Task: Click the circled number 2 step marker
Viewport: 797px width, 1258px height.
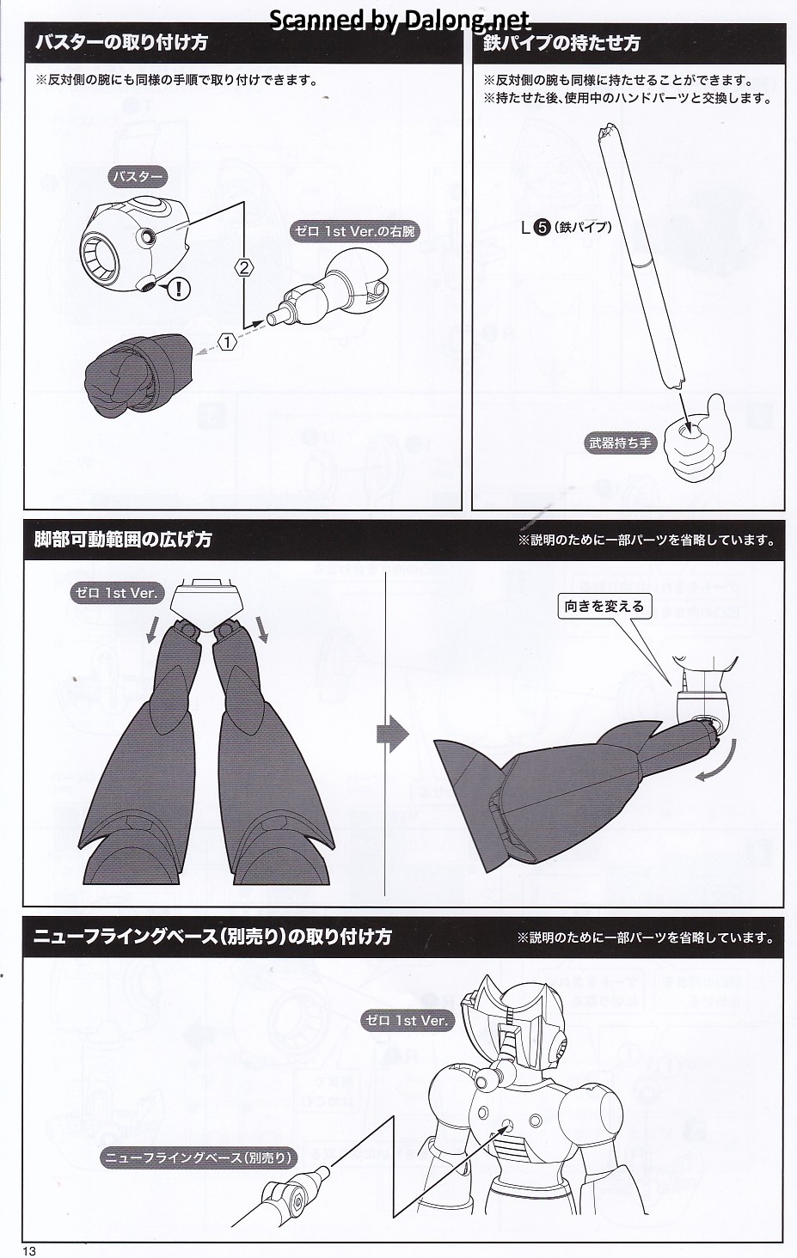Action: [x=244, y=268]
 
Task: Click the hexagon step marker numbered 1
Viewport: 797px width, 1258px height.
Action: [x=228, y=342]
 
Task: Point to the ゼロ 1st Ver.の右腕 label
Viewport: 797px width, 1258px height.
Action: [x=356, y=232]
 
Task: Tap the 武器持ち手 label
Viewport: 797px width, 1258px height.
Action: [x=620, y=443]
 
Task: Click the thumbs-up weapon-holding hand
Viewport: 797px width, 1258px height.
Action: [x=695, y=437]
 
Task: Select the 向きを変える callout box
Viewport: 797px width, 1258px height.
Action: [x=604, y=607]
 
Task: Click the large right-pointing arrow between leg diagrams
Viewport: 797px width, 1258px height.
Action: [x=393, y=734]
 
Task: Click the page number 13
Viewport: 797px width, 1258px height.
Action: [x=29, y=1251]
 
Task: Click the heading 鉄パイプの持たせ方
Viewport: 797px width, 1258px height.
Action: [x=562, y=43]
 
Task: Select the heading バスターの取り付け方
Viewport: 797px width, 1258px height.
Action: [x=121, y=43]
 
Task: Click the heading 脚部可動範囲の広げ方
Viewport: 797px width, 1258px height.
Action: [x=123, y=540]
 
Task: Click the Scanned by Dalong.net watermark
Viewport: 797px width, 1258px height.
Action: [x=400, y=21]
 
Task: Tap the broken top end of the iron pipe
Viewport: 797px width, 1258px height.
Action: [x=608, y=133]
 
